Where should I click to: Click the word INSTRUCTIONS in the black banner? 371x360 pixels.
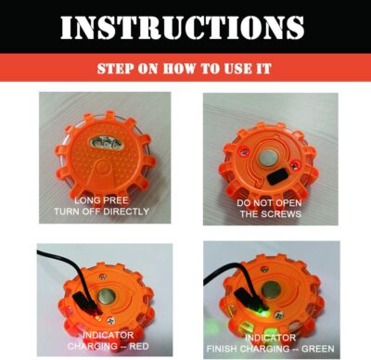(x=185, y=25)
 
